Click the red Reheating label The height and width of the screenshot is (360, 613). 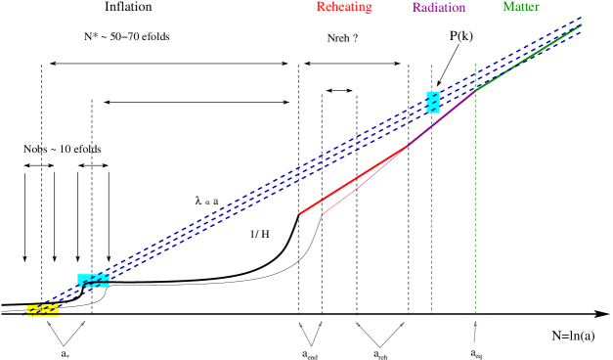[343, 7]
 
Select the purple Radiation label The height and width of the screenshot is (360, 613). [438, 8]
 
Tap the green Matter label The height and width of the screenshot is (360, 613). [520, 7]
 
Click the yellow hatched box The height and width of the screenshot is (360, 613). [42, 310]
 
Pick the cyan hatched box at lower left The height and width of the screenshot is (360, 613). [93, 281]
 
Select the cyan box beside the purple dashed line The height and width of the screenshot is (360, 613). [433, 102]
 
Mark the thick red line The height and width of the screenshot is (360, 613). [352, 180]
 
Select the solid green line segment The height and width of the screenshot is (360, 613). [528, 58]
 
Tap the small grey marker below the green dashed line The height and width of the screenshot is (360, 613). [475, 324]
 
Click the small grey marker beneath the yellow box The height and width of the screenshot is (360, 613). [48, 323]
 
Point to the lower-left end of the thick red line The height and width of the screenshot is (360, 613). [299, 213]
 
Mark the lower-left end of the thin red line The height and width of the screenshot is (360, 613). [324, 213]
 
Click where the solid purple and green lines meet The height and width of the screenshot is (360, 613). [475, 91]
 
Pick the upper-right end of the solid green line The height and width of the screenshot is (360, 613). [582, 24]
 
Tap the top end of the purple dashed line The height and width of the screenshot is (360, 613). [431, 66]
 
